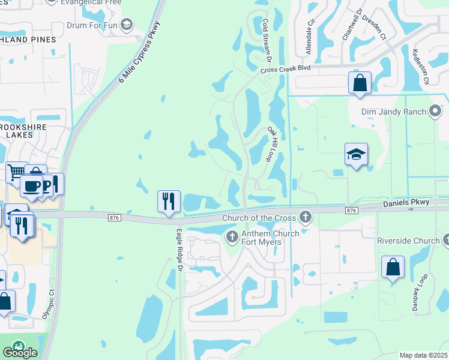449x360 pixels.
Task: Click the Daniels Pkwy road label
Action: point(406,203)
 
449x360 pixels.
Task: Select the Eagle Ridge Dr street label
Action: point(179,250)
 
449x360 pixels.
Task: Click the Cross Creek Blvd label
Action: point(285,70)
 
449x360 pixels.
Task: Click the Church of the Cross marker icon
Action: point(306,217)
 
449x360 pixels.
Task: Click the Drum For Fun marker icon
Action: point(126,24)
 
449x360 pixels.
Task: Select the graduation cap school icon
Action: point(355,155)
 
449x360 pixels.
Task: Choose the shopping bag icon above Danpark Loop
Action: point(393,267)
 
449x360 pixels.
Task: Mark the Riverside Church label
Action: point(408,241)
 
